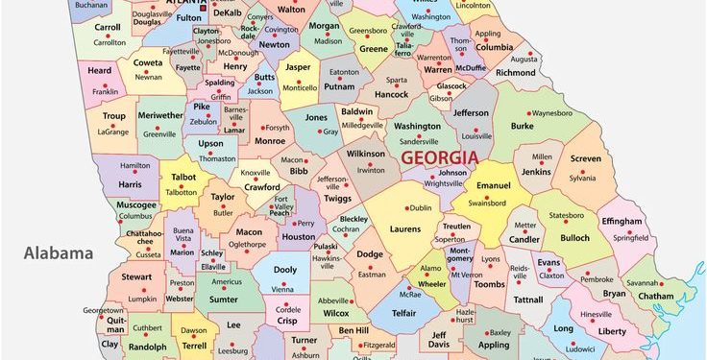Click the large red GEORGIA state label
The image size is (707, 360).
coord(440,156)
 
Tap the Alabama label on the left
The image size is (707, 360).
coord(59,253)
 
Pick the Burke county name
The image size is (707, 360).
coord(522,125)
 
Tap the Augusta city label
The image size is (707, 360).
coord(524,85)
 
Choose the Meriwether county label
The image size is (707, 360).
coord(159,116)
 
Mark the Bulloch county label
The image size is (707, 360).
coord(574,237)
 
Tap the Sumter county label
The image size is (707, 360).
coord(224,300)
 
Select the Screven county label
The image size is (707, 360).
coord(585,159)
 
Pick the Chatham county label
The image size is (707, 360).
coord(656,296)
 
